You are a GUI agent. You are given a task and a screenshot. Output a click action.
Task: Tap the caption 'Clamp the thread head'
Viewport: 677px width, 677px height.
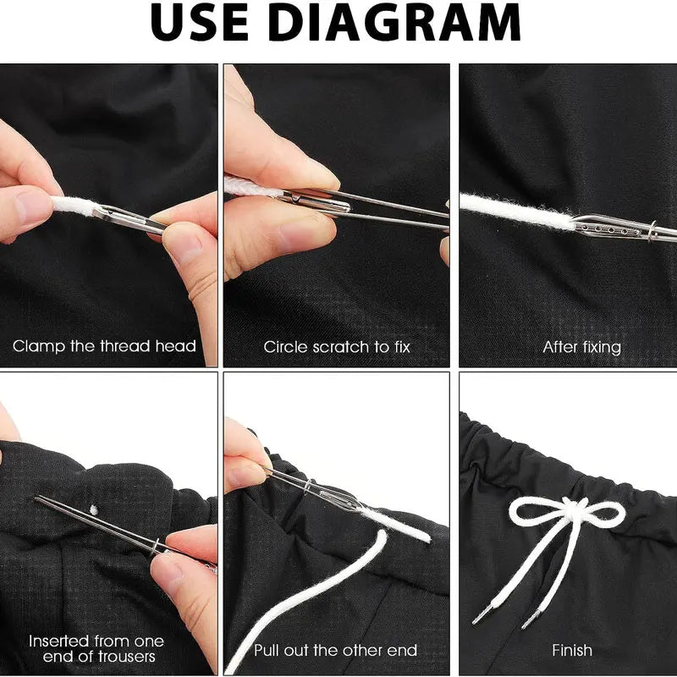[x=104, y=346]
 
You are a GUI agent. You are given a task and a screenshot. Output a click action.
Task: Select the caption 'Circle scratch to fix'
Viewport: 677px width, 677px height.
[x=336, y=347]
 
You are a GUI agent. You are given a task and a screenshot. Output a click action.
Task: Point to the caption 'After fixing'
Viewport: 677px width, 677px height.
[x=581, y=348]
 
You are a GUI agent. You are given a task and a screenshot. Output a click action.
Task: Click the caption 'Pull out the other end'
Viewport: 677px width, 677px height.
[x=335, y=650]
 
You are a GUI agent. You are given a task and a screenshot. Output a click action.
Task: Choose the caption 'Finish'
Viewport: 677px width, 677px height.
[x=572, y=650]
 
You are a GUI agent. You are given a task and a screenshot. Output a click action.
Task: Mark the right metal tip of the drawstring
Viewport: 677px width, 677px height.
[x=531, y=619]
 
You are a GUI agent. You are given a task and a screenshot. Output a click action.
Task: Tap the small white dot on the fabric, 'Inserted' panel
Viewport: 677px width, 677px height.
[x=94, y=510]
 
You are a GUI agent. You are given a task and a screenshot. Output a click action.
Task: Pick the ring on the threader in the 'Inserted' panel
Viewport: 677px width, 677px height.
[x=156, y=547]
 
